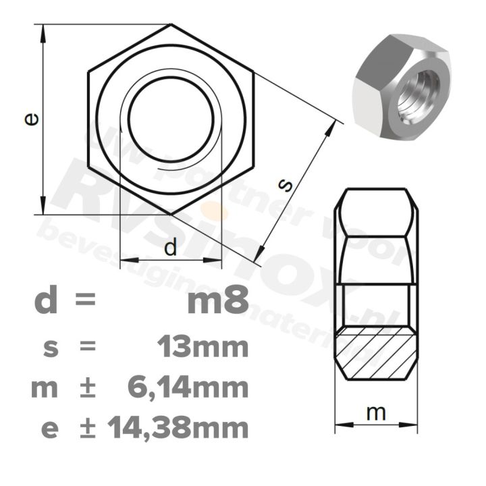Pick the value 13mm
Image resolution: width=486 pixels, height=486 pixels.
click(x=202, y=348)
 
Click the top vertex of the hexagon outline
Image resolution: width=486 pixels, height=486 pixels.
click(x=171, y=25)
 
